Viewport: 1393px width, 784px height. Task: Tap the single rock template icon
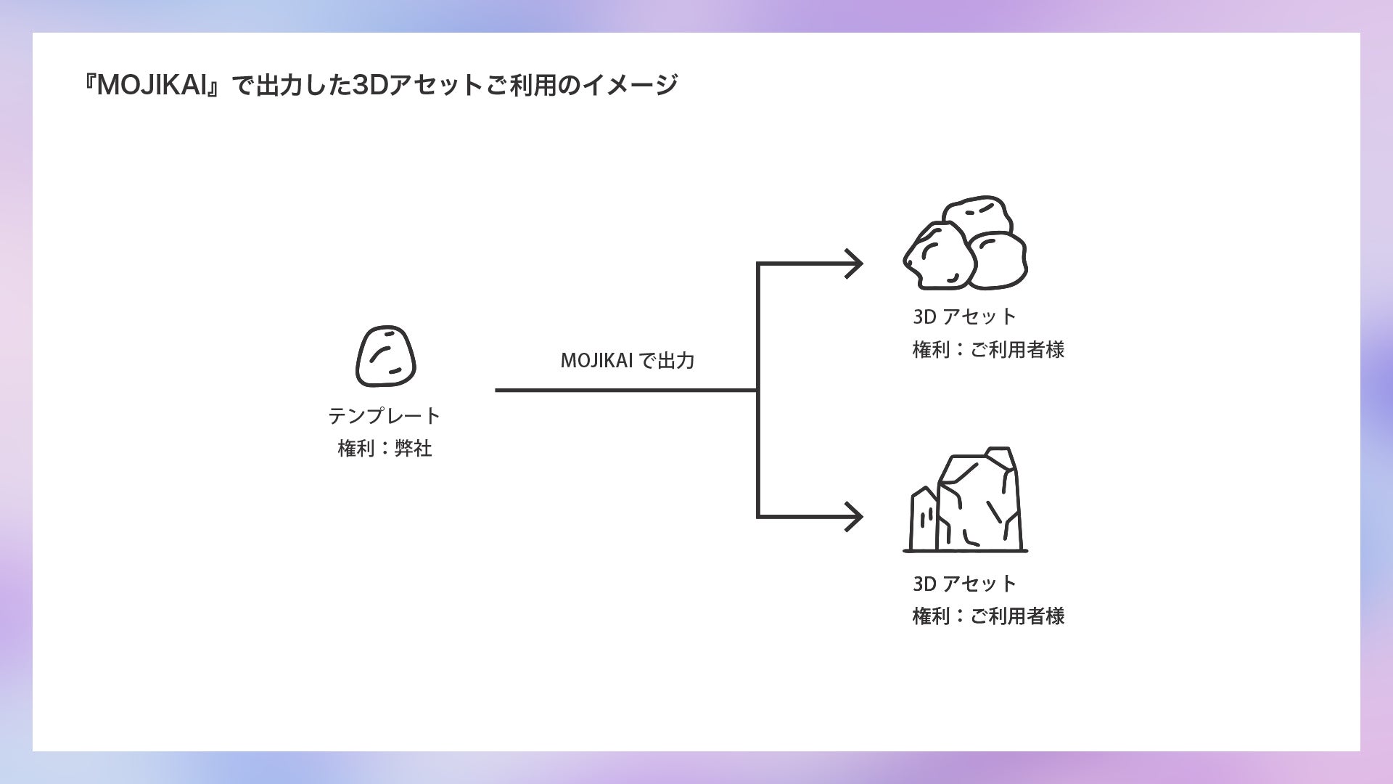385,356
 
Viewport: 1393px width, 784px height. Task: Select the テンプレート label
385,416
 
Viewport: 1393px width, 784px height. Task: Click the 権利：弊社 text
385,449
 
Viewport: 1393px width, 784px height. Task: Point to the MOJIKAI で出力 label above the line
628,360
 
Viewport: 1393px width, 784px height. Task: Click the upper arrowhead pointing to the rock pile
854,264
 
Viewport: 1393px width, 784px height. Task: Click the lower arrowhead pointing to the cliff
854,517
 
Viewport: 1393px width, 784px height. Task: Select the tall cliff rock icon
978,501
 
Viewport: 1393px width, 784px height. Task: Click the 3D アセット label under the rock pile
964,317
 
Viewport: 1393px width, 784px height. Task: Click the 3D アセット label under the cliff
964,583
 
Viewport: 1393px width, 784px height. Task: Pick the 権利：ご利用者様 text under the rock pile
988,350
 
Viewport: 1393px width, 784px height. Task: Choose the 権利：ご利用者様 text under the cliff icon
988,616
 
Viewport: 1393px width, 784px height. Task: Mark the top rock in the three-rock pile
977,214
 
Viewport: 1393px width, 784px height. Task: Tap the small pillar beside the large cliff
924,519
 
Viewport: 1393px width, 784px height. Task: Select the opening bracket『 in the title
90,86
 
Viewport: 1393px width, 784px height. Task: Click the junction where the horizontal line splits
758,391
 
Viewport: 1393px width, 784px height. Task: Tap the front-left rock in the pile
938,256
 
